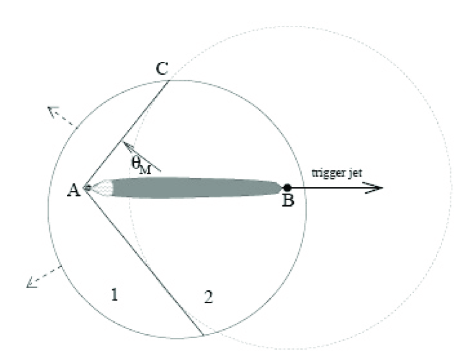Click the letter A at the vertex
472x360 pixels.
pos(74,190)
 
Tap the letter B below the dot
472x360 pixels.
pos(288,200)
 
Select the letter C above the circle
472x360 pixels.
pos(162,68)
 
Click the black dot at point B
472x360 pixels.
pos(287,187)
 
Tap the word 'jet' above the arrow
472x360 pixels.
pos(356,174)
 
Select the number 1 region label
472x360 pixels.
pos(115,294)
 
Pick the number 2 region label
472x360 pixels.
pos(209,297)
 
